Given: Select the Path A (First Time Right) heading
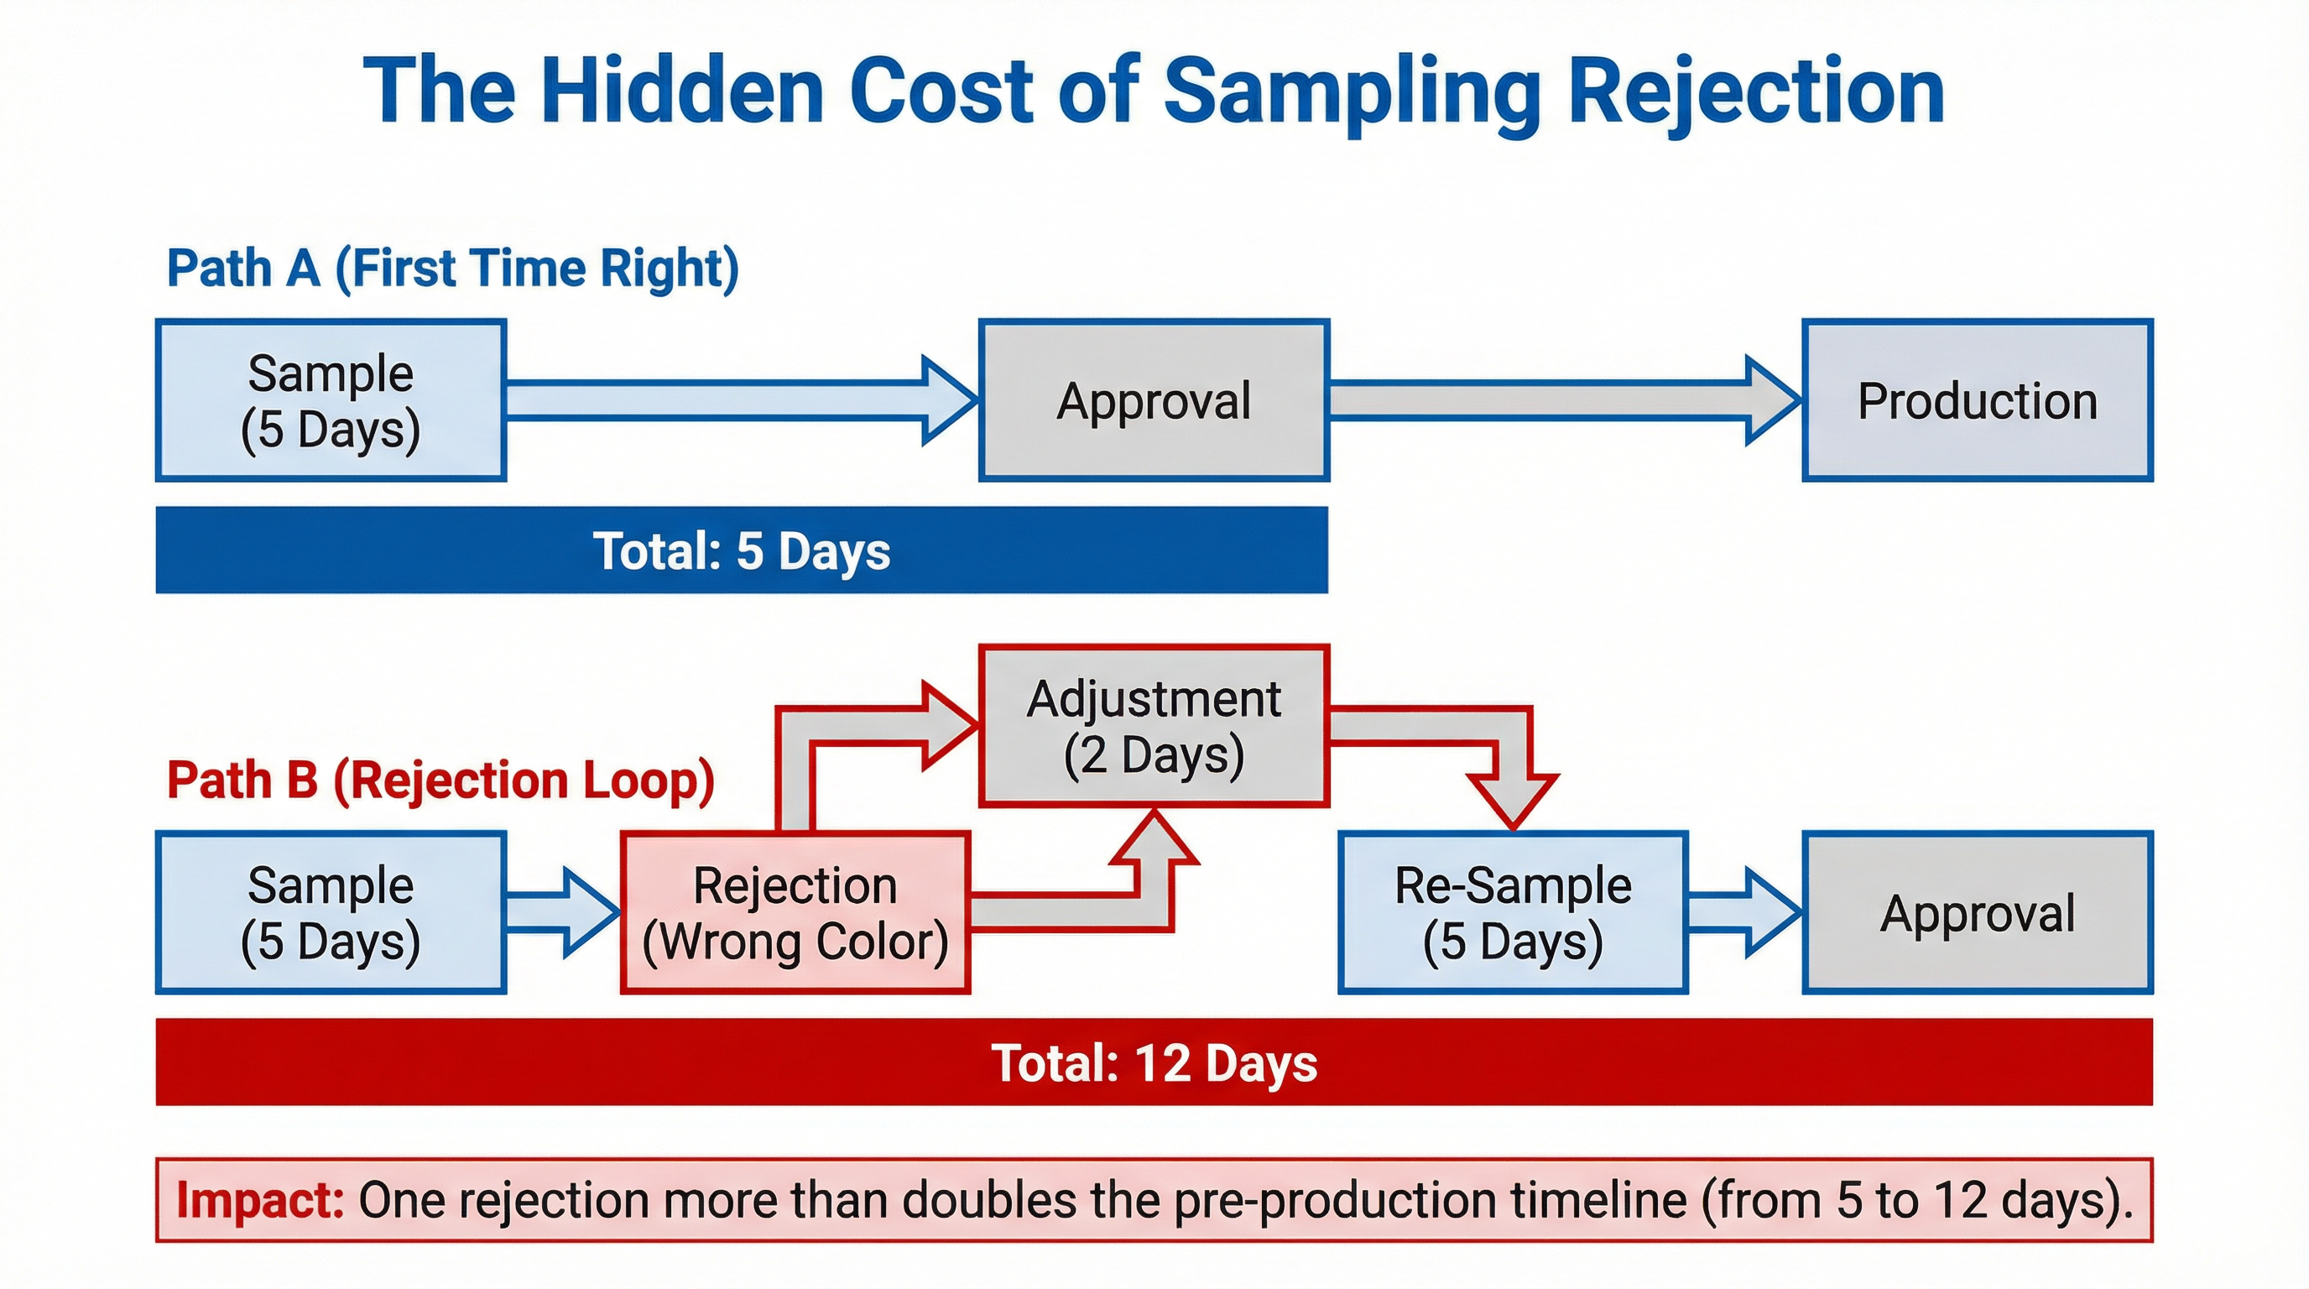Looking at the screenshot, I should point(453,268).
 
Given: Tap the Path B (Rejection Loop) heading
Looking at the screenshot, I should point(440,780).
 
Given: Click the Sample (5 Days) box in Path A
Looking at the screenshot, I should point(331,400).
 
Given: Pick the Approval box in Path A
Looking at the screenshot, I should point(1154,400).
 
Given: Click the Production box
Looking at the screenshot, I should point(1978,400).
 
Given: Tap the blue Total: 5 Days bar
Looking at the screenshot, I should point(742,551).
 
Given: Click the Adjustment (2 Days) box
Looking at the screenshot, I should point(1154,726).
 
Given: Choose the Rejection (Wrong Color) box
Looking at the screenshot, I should point(795,912).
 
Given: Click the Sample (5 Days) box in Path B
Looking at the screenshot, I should point(331,912).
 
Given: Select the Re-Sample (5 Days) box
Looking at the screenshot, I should point(1513,912).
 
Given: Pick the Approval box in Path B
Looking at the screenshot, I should point(1978,912).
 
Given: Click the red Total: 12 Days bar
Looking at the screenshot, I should point(1154,1062).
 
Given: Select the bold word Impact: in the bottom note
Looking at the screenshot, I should point(260,1200).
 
